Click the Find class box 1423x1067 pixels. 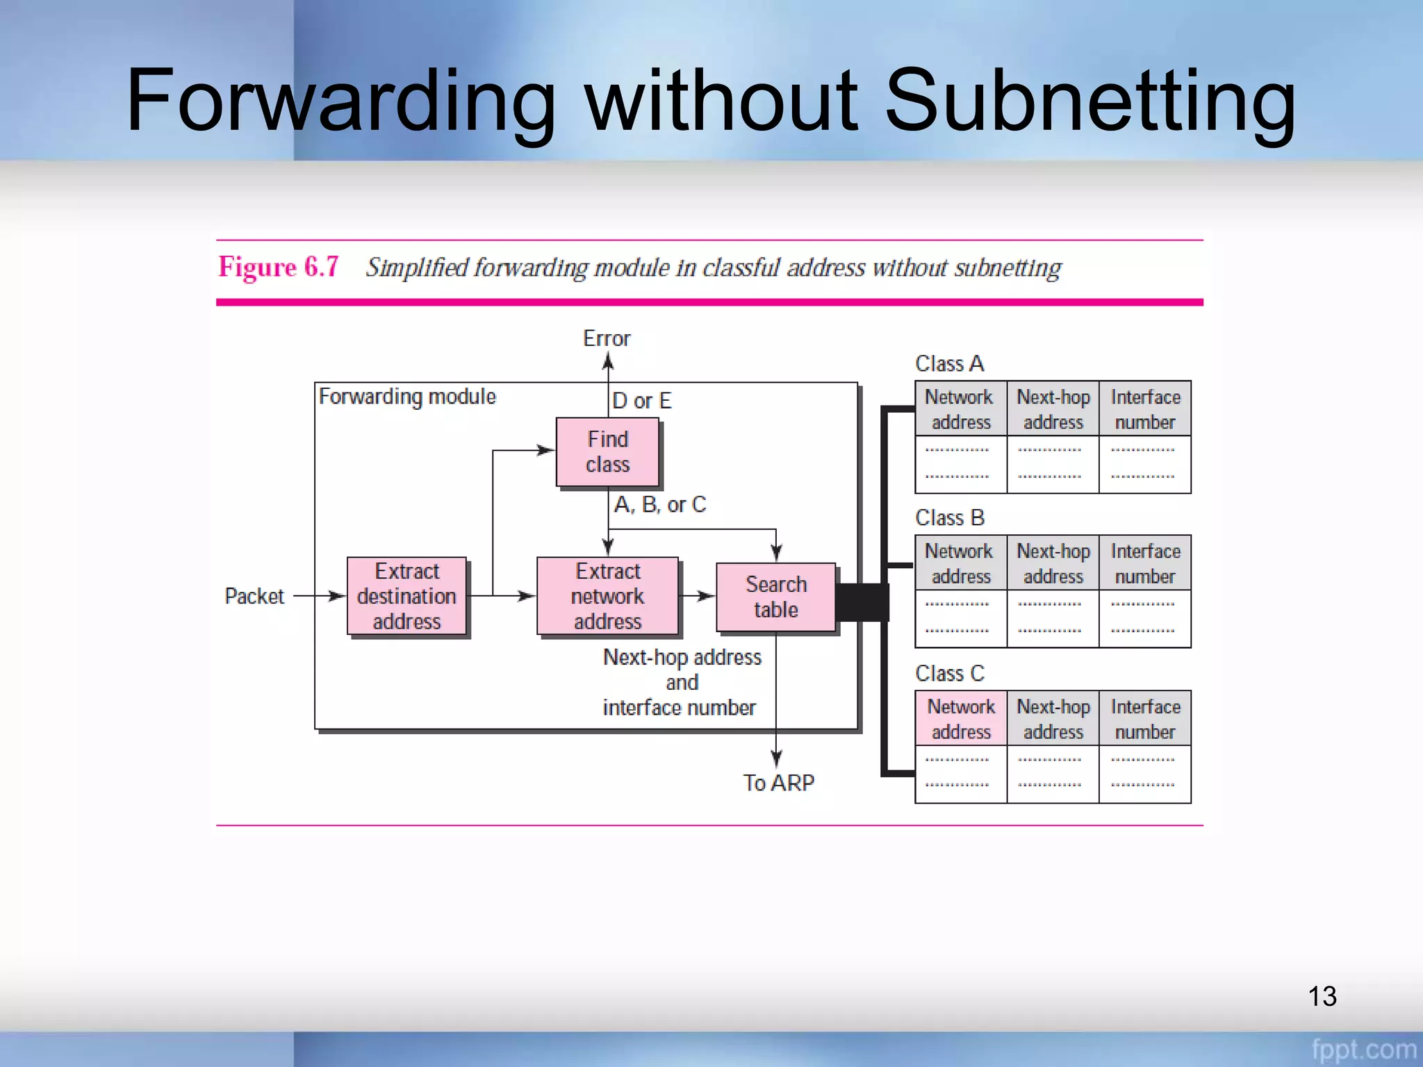pos(607,452)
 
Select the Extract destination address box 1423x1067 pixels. pos(407,596)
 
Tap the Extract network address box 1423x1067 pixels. pos(607,596)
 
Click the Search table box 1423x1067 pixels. pos(776,597)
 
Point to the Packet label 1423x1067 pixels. pos(254,596)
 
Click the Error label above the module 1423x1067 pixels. pos(607,338)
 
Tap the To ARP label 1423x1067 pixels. pos(778,783)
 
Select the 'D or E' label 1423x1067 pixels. pos(642,401)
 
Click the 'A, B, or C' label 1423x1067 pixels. pos(660,504)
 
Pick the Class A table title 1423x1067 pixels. pos(949,363)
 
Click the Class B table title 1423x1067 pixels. pos(949,518)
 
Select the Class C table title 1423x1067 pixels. pos(949,673)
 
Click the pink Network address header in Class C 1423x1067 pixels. pos(961,719)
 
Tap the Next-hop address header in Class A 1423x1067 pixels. pos(1053,409)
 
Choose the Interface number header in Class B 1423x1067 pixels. pos(1145,563)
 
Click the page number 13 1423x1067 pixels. pos(1322,996)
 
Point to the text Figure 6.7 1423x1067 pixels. pos(279,267)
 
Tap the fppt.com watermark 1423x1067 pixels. pos(1363,1049)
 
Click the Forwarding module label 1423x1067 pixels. pos(407,397)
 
